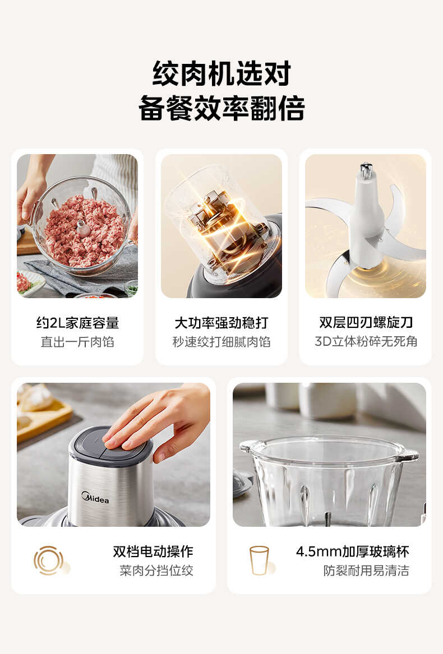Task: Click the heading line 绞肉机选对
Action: coord(221,73)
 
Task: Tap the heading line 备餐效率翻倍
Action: coord(221,108)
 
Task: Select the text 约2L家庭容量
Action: coord(77,323)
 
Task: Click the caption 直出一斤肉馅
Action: coord(77,342)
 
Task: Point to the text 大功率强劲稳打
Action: coord(221,323)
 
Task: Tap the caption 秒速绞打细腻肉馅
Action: coord(221,342)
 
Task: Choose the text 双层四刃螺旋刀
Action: coord(366,323)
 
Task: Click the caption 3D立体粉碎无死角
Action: coord(366,342)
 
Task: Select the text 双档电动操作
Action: coord(153,551)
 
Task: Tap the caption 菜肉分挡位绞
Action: coord(156,570)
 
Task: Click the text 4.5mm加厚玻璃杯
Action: coord(353,551)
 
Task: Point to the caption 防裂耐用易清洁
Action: coord(366,570)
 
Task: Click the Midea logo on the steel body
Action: coord(95,497)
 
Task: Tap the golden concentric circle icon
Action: coord(48,560)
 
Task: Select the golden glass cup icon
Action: coord(259,560)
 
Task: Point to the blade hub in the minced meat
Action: coord(84,228)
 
